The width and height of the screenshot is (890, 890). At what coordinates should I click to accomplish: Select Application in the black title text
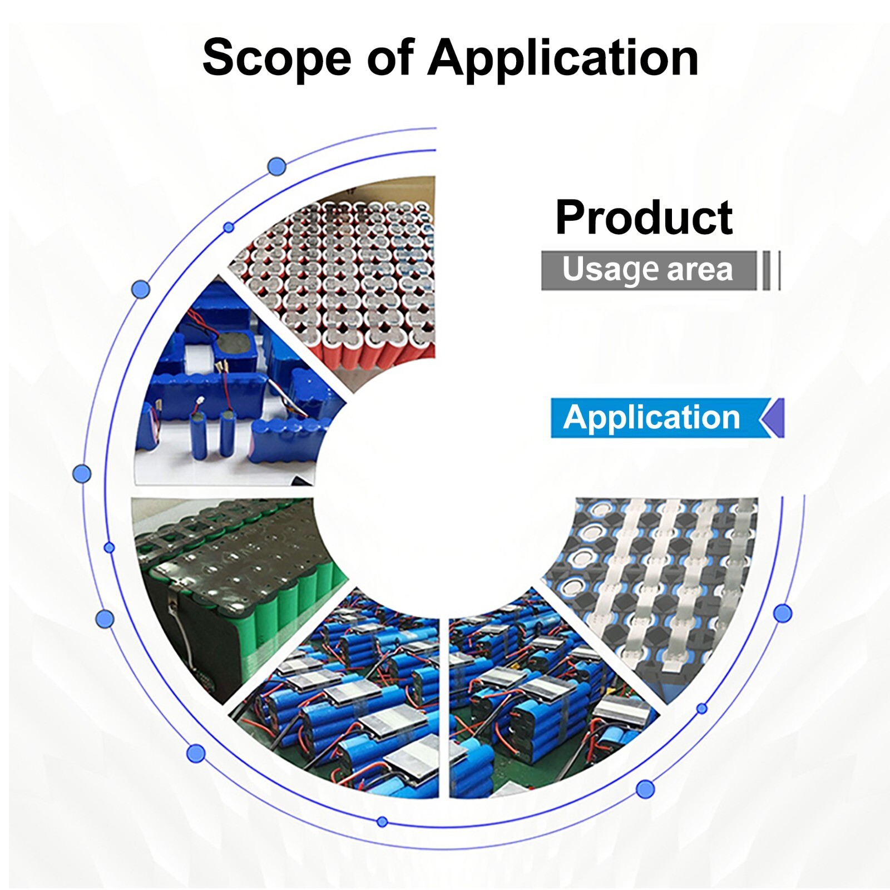562,58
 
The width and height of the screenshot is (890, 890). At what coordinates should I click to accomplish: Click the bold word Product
644,218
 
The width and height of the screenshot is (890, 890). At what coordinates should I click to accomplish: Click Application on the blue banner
651,418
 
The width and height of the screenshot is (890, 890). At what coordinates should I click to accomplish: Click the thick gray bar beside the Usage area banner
767,270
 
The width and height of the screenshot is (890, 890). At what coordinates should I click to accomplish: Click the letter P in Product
570,218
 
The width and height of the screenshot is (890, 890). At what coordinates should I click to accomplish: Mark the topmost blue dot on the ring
277,166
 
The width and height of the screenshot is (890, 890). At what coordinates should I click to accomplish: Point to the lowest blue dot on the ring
382,822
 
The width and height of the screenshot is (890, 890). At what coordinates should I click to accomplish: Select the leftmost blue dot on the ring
82,474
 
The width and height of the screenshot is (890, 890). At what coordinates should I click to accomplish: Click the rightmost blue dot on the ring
783,613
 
